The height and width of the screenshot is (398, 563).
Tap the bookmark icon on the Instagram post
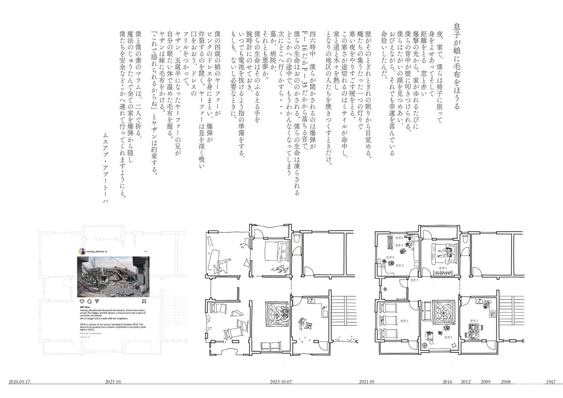(x=144, y=301)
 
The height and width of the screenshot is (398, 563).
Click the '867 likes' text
(x=84, y=307)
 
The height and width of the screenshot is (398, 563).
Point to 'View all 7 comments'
(x=91, y=333)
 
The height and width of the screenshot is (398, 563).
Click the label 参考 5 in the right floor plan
(x=404, y=321)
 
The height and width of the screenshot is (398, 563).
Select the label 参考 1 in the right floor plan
(x=449, y=337)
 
